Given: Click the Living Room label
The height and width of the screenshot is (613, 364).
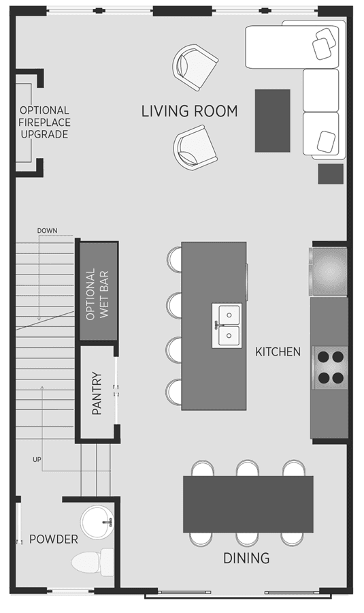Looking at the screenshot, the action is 189,112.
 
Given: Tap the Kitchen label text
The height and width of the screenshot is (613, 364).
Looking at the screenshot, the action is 278,352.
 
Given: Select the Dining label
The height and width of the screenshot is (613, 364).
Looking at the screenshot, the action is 246,558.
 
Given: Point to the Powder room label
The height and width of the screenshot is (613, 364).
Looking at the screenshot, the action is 54,539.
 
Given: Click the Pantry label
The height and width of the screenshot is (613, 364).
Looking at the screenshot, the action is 97,393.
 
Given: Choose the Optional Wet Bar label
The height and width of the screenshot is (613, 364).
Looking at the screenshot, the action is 98,294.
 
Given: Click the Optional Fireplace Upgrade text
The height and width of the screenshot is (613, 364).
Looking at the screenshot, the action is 44,123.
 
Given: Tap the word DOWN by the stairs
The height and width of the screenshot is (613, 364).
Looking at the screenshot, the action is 47,231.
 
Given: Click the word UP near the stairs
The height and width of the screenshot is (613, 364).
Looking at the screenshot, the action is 37,460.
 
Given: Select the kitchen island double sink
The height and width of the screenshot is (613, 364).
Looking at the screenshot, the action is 227,326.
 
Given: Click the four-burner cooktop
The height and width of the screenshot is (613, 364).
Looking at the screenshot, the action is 331,368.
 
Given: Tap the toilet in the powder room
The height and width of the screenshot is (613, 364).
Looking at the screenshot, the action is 93,562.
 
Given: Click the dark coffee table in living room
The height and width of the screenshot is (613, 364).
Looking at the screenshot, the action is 273,121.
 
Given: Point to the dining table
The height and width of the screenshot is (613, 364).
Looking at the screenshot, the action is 248,504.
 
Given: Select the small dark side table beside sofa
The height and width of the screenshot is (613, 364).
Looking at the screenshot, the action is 331,174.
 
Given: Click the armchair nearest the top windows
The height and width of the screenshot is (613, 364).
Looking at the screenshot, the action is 195,67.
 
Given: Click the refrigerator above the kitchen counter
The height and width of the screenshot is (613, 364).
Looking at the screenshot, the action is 329,271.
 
